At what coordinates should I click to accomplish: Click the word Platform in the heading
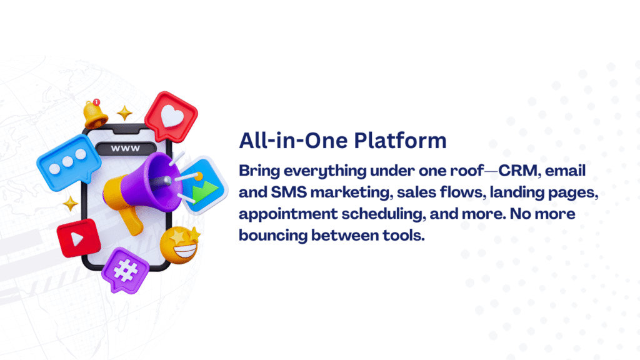point(400,141)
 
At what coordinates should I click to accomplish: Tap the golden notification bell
point(95,115)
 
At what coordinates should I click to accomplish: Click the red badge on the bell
point(96,102)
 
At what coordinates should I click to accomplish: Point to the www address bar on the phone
point(126,148)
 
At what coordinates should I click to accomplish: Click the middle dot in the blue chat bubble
point(67,162)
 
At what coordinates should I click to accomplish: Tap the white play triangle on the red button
point(77,238)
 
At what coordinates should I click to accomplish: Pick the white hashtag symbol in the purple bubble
point(125,270)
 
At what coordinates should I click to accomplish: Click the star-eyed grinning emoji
point(180,245)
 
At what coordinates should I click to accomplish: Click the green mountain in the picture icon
point(205,191)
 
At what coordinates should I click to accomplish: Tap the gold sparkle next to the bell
point(124,112)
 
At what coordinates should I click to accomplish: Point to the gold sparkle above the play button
point(70,203)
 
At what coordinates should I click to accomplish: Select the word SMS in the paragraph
point(289,192)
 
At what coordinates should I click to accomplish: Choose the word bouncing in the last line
point(273,236)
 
